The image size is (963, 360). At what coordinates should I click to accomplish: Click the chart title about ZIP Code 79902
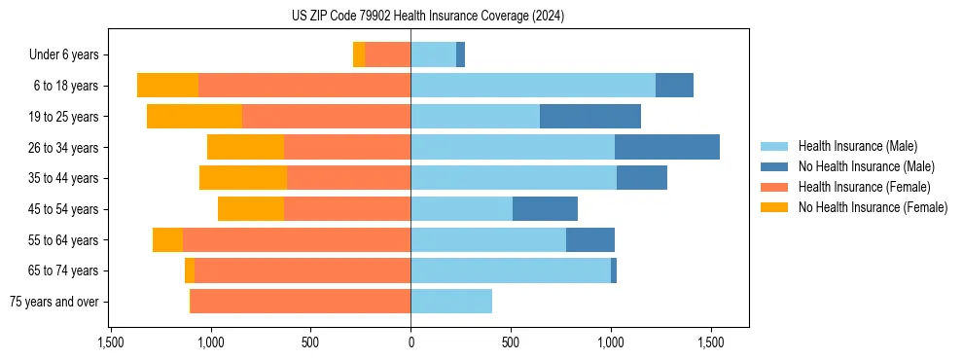tap(428, 17)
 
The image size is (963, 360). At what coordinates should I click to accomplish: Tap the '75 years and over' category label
tap(54, 302)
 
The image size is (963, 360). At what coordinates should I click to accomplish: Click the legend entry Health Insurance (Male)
tap(857, 146)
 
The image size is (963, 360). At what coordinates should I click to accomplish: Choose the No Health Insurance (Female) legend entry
tap(873, 207)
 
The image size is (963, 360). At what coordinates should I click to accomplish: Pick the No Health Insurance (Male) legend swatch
tap(775, 166)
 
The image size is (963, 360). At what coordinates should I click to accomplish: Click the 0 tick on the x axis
tap(410, 342)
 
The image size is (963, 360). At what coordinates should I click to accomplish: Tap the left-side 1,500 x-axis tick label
tap(111, 342)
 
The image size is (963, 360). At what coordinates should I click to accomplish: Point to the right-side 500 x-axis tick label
tap(511, 342)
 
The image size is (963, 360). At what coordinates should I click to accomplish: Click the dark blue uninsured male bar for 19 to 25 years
tap(590, 117)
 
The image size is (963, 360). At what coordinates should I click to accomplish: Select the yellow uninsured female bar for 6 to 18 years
tap(167, 86)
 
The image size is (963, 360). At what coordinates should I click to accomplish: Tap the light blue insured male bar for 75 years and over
tap(451, 302)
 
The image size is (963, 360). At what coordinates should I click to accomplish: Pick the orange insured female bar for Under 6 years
tap(387, 55)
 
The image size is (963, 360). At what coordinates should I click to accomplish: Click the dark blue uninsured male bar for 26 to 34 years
tap(667, 148)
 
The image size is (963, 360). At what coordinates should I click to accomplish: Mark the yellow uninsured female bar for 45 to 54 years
tap(251, 209)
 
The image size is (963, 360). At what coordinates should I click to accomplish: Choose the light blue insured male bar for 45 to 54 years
tap(462, 209)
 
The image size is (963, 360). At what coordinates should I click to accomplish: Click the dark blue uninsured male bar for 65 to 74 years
tap(614, 270)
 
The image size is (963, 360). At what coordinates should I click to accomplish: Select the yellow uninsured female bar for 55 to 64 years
tap(167, 240)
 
